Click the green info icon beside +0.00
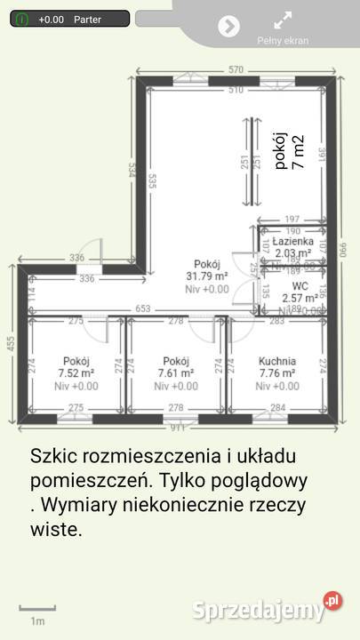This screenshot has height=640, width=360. (x=20, y=18)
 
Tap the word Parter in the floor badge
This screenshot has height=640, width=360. (x=87, y=19)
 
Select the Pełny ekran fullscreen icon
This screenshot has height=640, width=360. (x=283, y=20)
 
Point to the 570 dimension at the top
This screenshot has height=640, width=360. (x=236, y=69)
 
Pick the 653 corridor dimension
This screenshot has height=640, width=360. (x=142, y=308)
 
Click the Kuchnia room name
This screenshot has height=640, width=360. (x=277, y=361)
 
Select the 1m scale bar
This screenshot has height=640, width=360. (x=37, y=610)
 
